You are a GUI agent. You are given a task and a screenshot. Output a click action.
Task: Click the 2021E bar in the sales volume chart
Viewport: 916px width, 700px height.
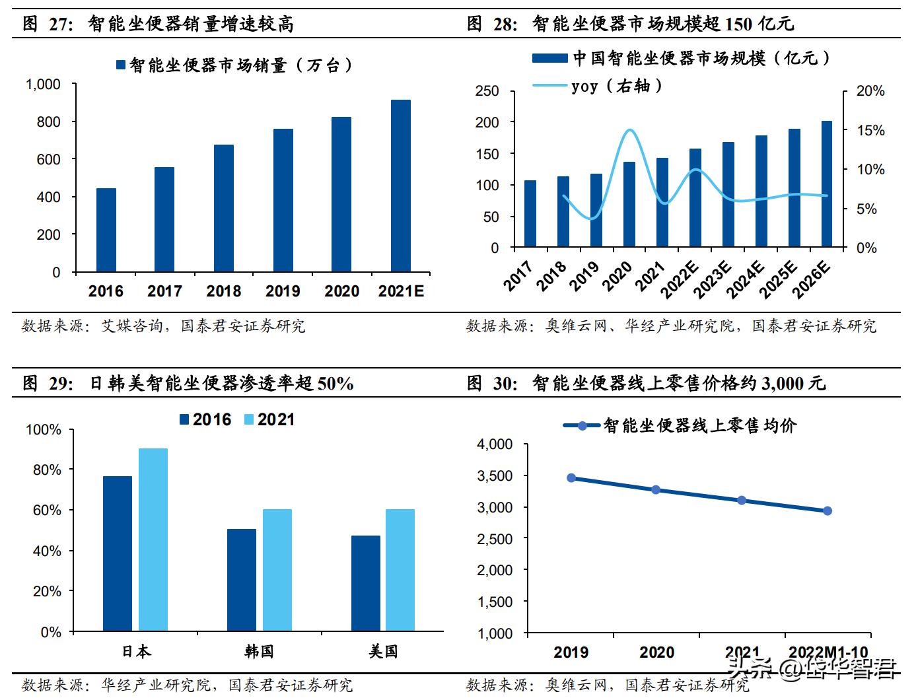400,186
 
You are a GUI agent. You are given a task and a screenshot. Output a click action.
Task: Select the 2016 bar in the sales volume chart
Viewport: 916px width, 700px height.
106,230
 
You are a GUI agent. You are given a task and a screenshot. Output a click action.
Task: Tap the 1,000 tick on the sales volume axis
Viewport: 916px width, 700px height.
43,85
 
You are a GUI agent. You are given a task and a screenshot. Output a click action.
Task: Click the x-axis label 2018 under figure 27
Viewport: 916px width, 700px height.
223,291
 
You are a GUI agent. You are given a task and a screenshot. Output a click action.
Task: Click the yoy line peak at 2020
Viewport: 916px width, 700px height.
630,130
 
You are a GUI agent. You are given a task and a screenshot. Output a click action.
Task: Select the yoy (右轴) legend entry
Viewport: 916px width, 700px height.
616,86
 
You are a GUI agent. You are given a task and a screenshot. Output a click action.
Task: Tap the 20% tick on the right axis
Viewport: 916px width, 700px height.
870,91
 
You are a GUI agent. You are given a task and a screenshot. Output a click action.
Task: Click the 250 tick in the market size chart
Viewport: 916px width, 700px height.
487,91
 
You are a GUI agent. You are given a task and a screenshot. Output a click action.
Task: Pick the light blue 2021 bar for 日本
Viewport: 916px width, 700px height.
153,540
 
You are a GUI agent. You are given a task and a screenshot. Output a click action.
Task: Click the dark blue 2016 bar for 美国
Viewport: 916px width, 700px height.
365,583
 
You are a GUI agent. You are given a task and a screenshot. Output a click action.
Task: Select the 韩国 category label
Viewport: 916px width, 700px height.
259,651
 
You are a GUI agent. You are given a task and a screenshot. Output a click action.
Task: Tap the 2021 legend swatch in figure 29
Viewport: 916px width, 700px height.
249,419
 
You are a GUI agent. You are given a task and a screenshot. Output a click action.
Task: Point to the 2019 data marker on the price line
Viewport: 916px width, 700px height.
571,477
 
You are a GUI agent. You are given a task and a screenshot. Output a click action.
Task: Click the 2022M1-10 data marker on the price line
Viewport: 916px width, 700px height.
827,510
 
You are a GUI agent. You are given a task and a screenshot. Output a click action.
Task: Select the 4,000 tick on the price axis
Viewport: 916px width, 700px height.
495,444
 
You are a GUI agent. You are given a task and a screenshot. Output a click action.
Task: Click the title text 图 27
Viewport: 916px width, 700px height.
48,24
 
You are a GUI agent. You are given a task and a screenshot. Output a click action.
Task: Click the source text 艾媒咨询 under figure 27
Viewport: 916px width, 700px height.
131,326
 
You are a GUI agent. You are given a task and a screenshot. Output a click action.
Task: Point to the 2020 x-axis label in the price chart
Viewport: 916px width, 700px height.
656,652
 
